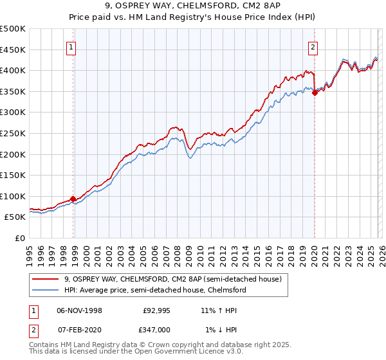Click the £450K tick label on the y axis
click(13, 50)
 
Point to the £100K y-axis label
click(13, 196)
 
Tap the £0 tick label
click(19, 238)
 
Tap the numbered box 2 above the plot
click(313, 46)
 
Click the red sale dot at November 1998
click(73, 199)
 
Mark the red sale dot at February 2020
click(315, 93)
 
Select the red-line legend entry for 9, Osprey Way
click(172, 280)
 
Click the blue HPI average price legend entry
click(154, 291)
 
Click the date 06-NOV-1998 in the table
click(79, 310)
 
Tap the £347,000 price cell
click(155, 329)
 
